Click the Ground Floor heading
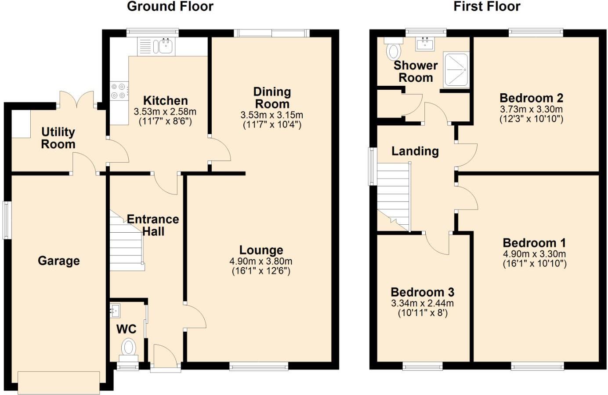(170, 7)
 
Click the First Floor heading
(487, 7)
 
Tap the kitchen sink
(165, 46)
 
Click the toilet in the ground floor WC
(128, 347)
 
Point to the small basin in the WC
(114, 311)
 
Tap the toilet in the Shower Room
(393, 49)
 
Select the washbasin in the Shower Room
(425, 43)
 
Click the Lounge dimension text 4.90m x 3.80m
(261, 261)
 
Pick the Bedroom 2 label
(531, 98)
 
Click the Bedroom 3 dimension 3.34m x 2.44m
(422, 303)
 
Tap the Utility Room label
(58, 138)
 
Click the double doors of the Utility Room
(77, 99)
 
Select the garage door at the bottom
(59, 382)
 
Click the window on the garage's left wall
(7, 220)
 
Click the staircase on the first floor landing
(394, 196)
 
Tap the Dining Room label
(272, 98)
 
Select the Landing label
(415, 151)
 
